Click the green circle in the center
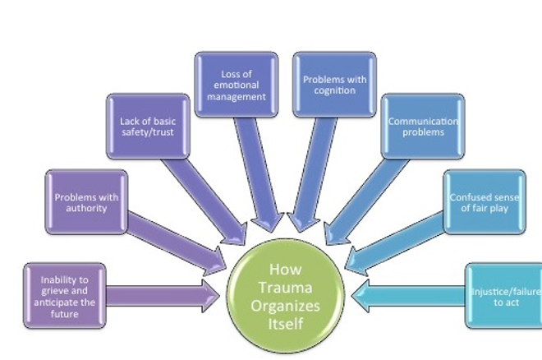pos(286,296)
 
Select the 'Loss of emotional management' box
pos(237,85)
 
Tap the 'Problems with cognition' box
pos(334,85)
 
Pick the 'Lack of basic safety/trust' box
pos(148,127)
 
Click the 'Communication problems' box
pos(423,127)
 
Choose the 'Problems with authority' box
pos(86,202)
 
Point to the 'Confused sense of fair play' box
pos(485,202)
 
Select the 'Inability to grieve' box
pos(65,296)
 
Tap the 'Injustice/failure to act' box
pos(503,296)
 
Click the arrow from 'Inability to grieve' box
pos(163,296)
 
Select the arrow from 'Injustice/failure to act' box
pos(408,296)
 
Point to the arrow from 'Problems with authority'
pos(177,243)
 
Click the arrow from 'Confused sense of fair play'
pos(394,243)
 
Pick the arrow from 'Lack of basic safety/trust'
pos(204,201)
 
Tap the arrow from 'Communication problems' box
pos(367,201)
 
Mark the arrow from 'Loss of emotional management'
pos(258,174)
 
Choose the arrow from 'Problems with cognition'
pos(313,174)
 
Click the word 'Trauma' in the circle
pos(286,288)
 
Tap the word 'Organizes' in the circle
pos(286,307)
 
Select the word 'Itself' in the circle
pos(286,324)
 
